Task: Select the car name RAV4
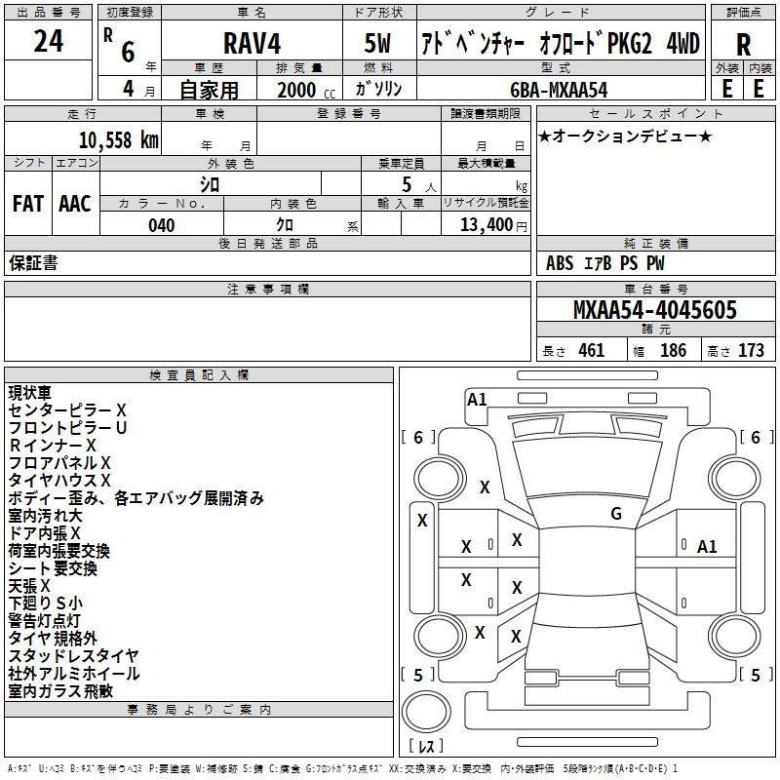coord(250,43)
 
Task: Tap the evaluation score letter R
coord(743,45)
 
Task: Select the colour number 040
coord(162,225)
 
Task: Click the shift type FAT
coord(27,204)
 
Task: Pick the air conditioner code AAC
coord(74,204)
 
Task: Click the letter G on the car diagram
coord(615,513)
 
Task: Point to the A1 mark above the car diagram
coord(477,399)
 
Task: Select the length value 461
coord(591,350)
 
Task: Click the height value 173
coord(751,350)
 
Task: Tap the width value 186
coord(673,350)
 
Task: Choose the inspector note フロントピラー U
coord(68,427)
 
